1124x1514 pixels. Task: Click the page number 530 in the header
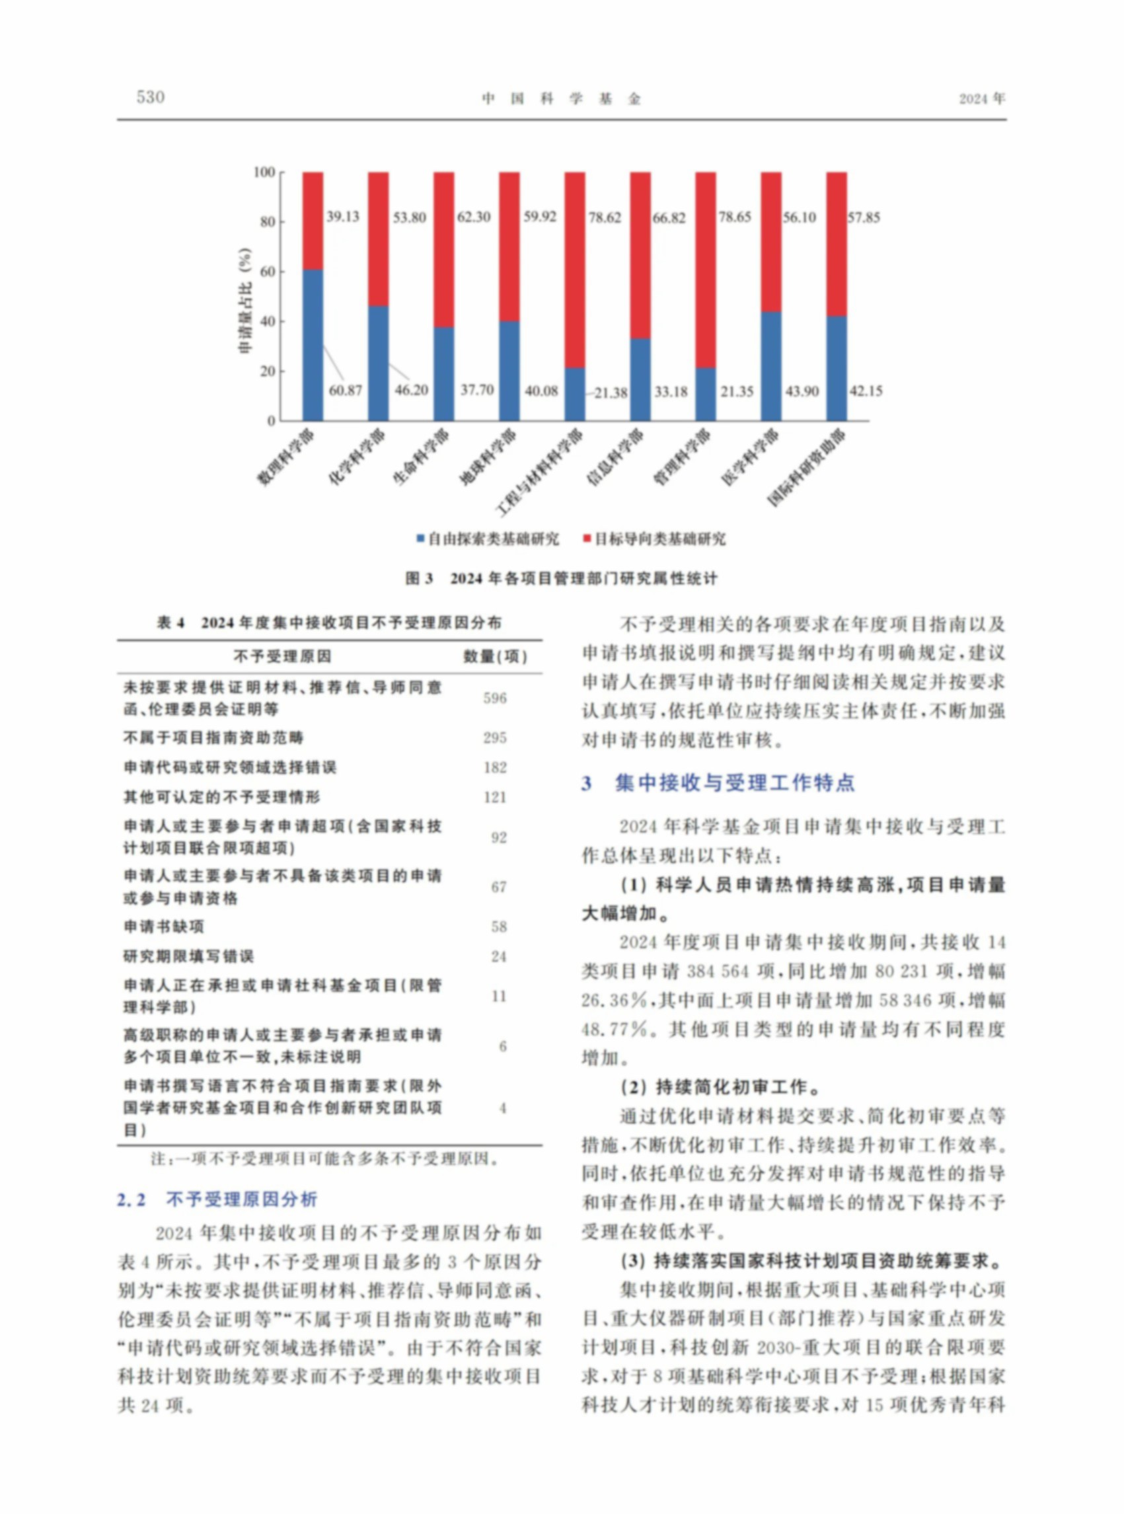[x=151, y=97]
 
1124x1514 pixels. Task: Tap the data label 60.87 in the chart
[x=346, y=391]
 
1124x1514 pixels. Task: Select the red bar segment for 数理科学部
[x=313, y=221]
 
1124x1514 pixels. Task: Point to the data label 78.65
[x=736, y=217]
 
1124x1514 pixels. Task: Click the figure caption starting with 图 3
[x=561, y=578]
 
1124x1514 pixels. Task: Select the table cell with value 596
[x=495, y=698]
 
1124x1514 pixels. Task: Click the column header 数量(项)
[x=496, y=657]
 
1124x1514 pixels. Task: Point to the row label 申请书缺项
[x=154, y=927]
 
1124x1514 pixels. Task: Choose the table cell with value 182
[x=495, y=767]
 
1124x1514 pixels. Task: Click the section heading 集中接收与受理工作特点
[x=734, y=783]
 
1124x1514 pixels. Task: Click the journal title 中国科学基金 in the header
[x=561, y=98]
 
